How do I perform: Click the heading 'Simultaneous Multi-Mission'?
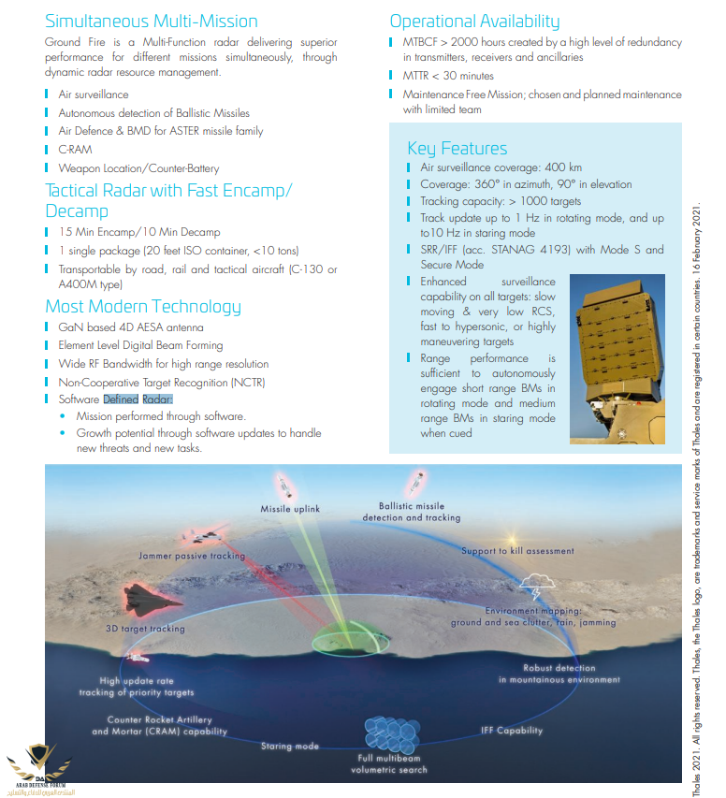click(x=152, y=21)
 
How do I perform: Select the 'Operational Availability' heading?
click(x=474, y=21)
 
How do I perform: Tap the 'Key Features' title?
click(x=457, y=148)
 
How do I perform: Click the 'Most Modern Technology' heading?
click(x=143, y=307)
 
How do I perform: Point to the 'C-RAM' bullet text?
click(x=77, y=150)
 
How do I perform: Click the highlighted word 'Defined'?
click(x=121, y=399)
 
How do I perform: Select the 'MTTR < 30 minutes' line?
click(x=448, y=76)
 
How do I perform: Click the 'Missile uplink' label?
click(x=291, y=509)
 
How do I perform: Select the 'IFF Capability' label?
click(x=512, y=731)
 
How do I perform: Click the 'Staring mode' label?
click(x=289, y=747)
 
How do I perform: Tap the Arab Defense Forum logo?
click(x=39, y=767)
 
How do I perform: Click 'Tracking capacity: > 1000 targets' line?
click(x=501, y=201)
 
